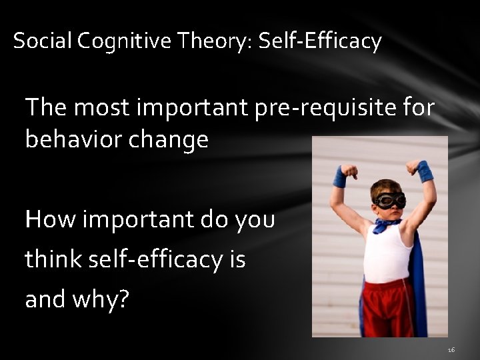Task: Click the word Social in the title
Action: click(43, 41)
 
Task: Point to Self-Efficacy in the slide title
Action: click(320, 42)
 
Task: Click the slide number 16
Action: click(451, 349)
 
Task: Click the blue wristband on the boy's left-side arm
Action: click(341, 177)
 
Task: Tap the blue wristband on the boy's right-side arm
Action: click(425, 172)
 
